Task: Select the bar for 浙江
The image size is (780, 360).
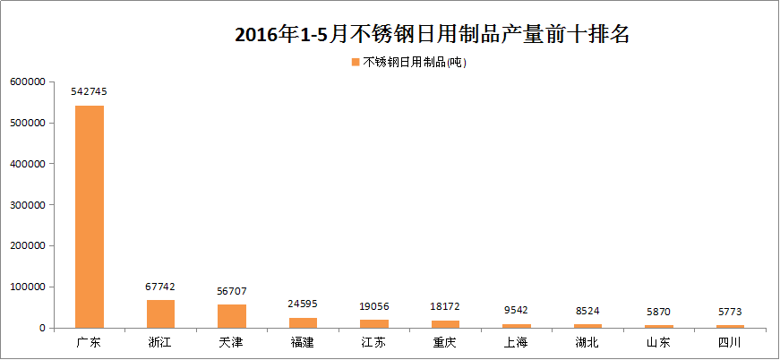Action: [x=160, y=313]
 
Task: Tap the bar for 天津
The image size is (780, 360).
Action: [x=232, y=316]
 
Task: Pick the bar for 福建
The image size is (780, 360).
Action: [x=303, y=322]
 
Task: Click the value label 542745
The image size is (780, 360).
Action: [x=89, y=91]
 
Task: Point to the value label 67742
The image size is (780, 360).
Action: [x=160, y=287]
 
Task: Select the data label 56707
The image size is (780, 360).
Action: [x=232, y=291]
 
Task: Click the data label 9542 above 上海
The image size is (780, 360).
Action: [x=516, y=310]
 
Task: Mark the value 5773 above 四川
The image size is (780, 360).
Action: [x=730, y=312]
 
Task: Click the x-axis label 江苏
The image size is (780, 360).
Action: [x=373, y=342]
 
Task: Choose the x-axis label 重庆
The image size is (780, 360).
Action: [x=445, y=342]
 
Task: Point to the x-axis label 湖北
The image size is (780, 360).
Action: [x=587, y=342]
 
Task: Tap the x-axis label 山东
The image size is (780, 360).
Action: [x=658, y=342]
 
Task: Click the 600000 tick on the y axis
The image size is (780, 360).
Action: [x=28, y=81]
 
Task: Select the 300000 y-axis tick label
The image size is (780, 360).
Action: [x=28, y=205]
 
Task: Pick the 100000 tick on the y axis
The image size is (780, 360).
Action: [x=28, y=287]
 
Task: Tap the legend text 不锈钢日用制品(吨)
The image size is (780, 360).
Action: [x=415, y=62]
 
